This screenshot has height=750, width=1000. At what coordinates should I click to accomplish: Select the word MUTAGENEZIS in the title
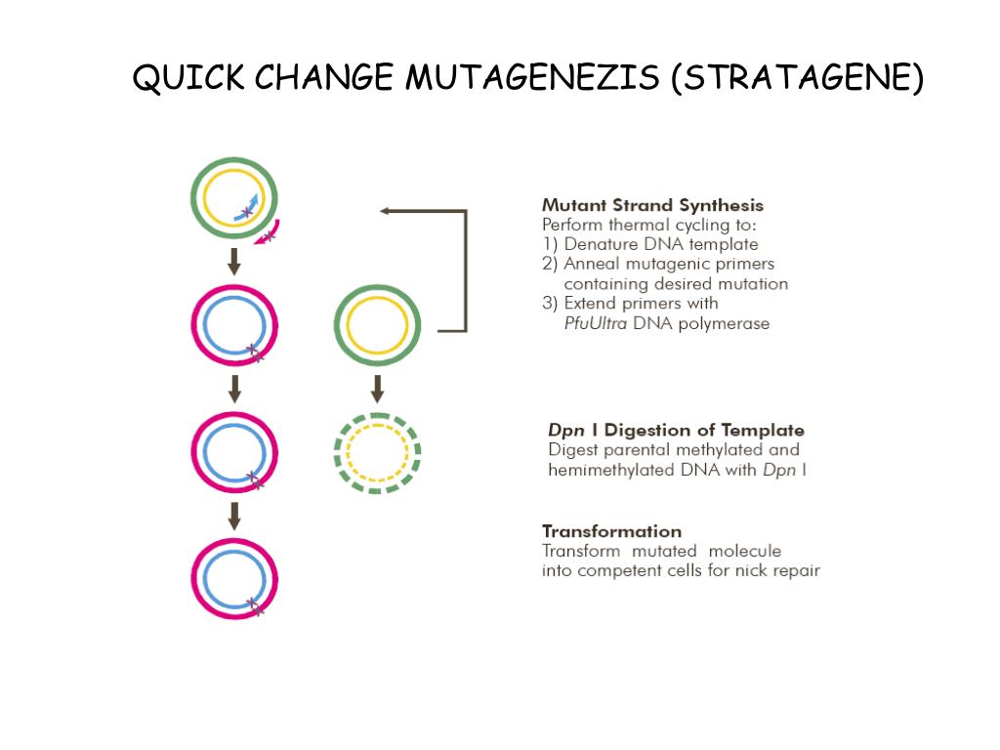(532, 78)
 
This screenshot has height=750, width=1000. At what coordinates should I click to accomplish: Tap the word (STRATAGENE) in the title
(796, 78)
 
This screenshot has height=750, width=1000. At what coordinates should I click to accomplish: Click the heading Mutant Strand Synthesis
(652, 205)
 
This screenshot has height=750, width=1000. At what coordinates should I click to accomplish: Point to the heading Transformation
(611, 531)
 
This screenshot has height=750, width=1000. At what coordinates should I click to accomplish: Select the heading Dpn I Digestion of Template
(676, 430)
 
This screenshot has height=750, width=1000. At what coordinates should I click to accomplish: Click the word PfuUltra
(596, 323)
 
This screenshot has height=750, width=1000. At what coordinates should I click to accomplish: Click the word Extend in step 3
(593, 303)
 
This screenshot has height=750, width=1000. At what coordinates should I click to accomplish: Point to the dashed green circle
(377, 453)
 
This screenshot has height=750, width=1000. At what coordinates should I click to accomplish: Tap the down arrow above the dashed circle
(378, 388)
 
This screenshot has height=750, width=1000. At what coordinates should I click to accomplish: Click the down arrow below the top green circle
(234, 261)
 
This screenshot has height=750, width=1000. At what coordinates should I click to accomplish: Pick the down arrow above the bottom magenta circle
(234, 516)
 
